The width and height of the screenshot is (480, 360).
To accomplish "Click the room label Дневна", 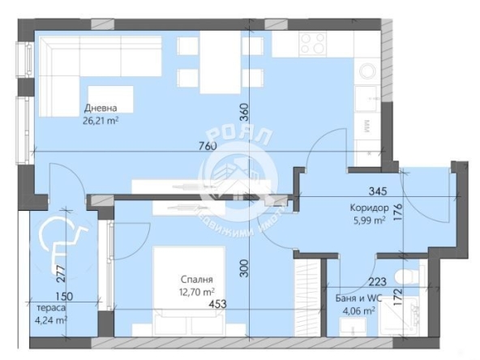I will click(x=102, y=108).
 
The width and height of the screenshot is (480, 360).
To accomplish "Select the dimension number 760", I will click(x=208, y=146).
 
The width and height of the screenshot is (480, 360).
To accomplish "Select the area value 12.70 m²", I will click(x=197, y=291).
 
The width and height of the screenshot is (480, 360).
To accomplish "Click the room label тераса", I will click(x=52, y=308).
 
